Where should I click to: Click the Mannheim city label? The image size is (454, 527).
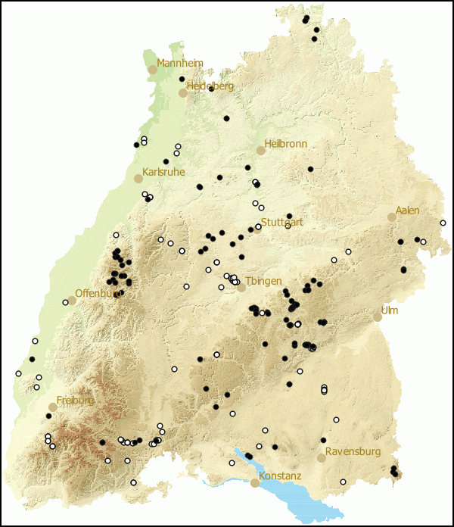(180, 63)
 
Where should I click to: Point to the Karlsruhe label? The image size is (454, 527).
(163, 172)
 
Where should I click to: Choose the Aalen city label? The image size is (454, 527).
(407, 210)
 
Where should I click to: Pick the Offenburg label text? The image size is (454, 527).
(98, 293)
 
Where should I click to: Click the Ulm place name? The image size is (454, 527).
(390, 310)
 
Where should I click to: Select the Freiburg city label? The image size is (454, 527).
(75, 400)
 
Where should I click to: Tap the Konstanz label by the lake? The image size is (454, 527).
(280, 476)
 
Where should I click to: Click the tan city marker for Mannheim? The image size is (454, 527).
(152, 69)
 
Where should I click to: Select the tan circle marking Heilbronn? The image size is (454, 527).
(261, 151)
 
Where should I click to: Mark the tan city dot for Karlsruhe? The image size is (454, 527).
(138, 179)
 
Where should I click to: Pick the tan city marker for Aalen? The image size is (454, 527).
(392, 217)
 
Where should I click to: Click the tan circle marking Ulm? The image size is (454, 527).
(378, 317)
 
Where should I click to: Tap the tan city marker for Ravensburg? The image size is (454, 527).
(322, 458)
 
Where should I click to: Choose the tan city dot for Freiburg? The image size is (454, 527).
(53, 407)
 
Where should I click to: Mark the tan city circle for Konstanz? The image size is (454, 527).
(255, 482)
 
